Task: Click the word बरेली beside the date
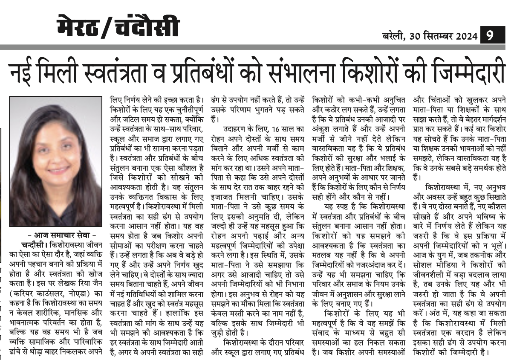(395, 36)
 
